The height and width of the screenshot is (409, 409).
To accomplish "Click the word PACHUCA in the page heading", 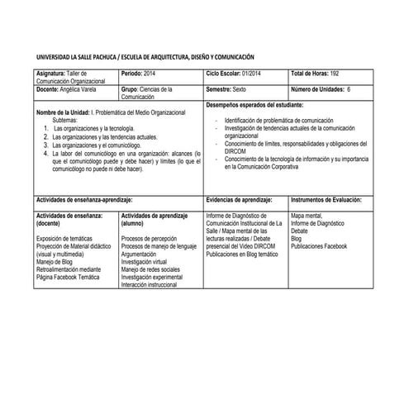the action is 97,57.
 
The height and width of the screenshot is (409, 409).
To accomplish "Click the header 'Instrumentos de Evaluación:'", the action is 328,200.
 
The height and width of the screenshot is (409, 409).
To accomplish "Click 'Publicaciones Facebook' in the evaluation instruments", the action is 319,246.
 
